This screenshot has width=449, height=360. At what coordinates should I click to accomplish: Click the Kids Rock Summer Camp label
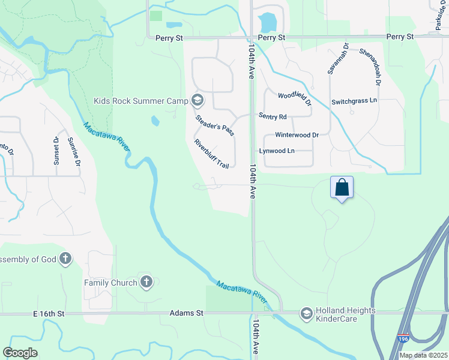coord(141,101)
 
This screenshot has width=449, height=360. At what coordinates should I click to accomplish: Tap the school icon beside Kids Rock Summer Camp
coord(198,100)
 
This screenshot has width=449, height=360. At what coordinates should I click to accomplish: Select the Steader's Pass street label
coord(214,124)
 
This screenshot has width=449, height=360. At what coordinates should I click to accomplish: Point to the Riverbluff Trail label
coord(212,154)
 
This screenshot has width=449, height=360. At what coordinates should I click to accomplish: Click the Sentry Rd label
coord(273,116)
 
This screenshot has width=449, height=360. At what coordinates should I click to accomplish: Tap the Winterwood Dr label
coord(297,135)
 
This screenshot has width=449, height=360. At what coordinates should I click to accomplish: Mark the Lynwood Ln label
coord(277,151)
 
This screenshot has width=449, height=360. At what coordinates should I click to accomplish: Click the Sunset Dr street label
coord(56,151)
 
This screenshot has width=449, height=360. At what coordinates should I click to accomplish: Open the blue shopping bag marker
coord(342,187)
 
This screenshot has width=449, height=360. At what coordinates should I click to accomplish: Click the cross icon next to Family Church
coord(146,281)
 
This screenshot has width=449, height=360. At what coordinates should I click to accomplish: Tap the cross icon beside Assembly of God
coord(65,259)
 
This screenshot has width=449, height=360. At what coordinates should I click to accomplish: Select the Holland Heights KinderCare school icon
coord(307,313)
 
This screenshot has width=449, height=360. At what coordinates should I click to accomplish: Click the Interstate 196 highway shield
coord(403,338)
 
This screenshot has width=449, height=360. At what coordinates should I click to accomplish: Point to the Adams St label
coord(187,313)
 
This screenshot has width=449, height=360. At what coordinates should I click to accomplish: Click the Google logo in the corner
coord(20,353)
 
